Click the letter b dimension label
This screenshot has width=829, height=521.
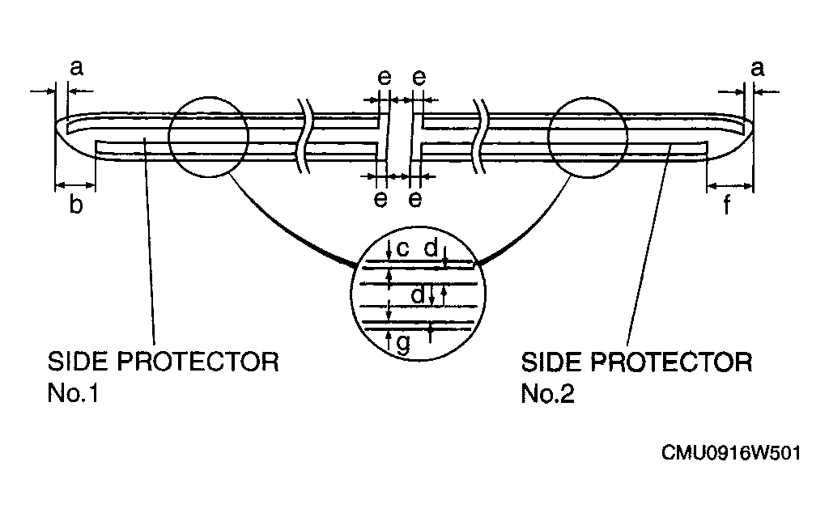click(76, 204)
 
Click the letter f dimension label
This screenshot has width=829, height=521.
click(728, 204)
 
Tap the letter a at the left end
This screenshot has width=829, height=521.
click(77, 68)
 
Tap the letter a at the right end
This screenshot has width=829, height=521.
click(758, 69)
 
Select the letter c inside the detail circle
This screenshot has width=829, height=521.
click(403, 248)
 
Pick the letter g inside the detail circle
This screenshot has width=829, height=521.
click(403, 344)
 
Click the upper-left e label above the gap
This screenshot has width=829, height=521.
click(385, 78)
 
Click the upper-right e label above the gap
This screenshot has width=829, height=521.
click(419, 78)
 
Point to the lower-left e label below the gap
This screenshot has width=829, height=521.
click(380, 199)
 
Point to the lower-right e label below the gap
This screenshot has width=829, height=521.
click(415, 199)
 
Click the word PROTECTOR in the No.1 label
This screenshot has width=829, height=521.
click(198, 362)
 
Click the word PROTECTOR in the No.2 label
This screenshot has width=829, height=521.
click(671, 362)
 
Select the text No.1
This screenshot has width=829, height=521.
click(73, 393)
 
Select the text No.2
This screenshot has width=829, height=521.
click(548, 394)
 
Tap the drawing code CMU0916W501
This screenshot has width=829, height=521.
click(731, 453)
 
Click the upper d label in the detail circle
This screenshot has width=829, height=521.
click(432, 248)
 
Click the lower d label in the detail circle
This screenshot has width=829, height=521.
click(419, 294)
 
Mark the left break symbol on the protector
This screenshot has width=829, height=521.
click(305, 136)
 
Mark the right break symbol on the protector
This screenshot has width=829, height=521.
click(483, 136)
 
